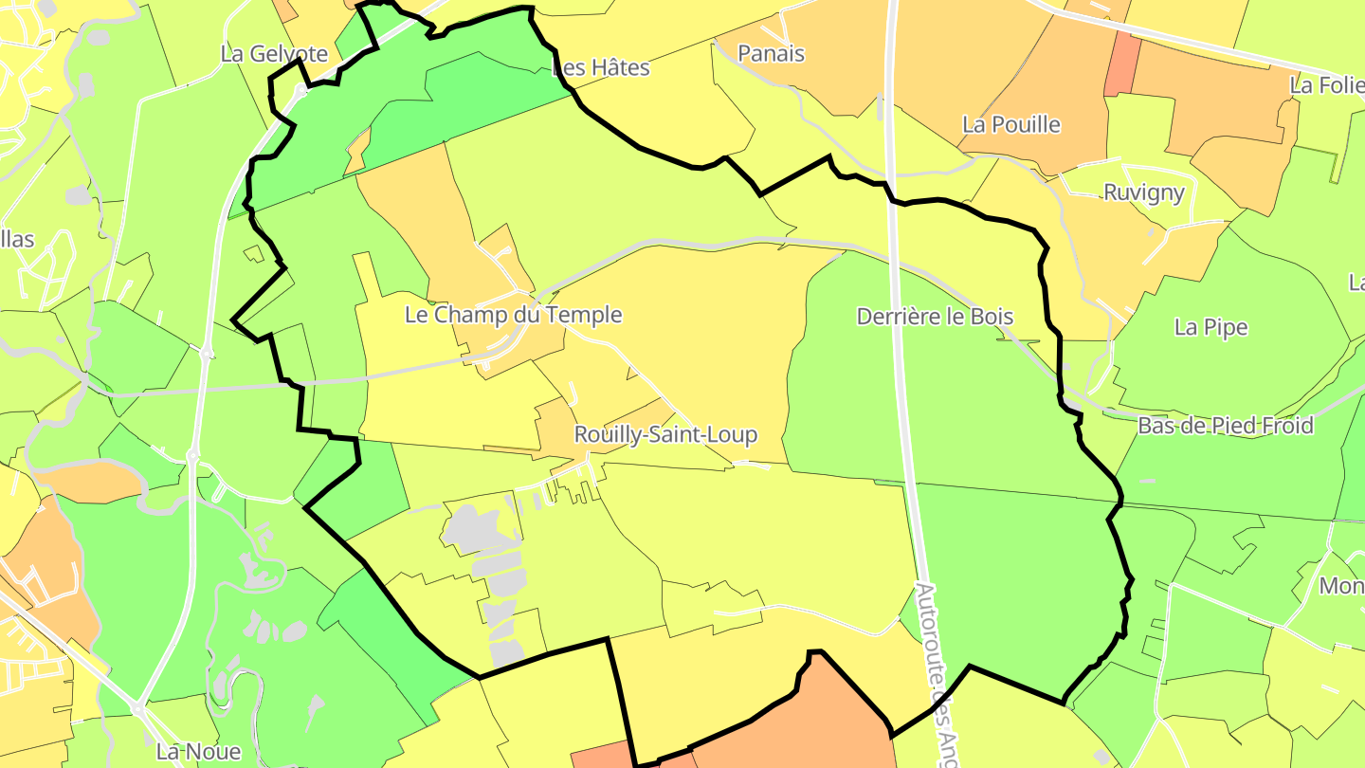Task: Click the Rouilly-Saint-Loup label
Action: pos(665,434)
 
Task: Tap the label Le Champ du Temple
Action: pos(513,315)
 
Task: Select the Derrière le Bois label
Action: pos(935,317)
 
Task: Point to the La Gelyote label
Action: pos(274,54)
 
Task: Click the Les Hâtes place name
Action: pos(601,67)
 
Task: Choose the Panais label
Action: pos(771,53)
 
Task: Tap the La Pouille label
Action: pos(1010,124)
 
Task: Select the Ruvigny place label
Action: pos(1143,192)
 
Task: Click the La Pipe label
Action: pos(1210,327)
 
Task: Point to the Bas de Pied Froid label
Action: pos(1225,426)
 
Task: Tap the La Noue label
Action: pos(198,752)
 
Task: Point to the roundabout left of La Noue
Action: pos(138,709)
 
